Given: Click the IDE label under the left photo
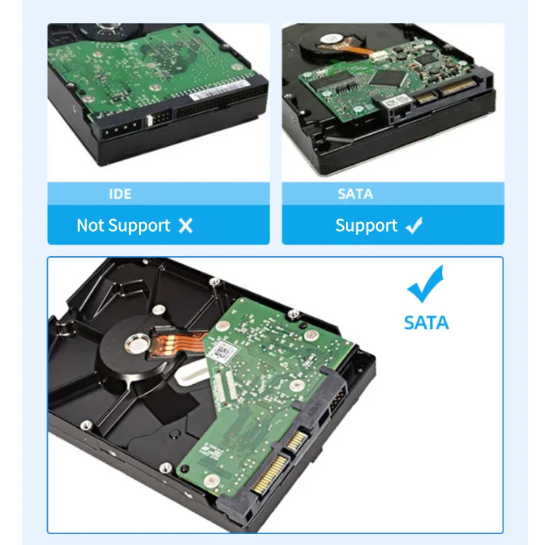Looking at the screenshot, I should tap(120, 194).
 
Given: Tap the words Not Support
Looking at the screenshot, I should tap(123, 225).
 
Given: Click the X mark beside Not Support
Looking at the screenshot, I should tap(185, 226).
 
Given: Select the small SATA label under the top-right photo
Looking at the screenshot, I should tap(355, 194).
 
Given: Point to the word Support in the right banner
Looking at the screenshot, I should tap(366, 225).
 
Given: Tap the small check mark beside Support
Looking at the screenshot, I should tap(414, 226).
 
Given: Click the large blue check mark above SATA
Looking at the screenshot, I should tap(425, 284).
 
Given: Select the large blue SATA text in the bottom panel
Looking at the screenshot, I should tap(426, 322).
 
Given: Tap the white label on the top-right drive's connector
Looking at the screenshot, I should tap(396, 102).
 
